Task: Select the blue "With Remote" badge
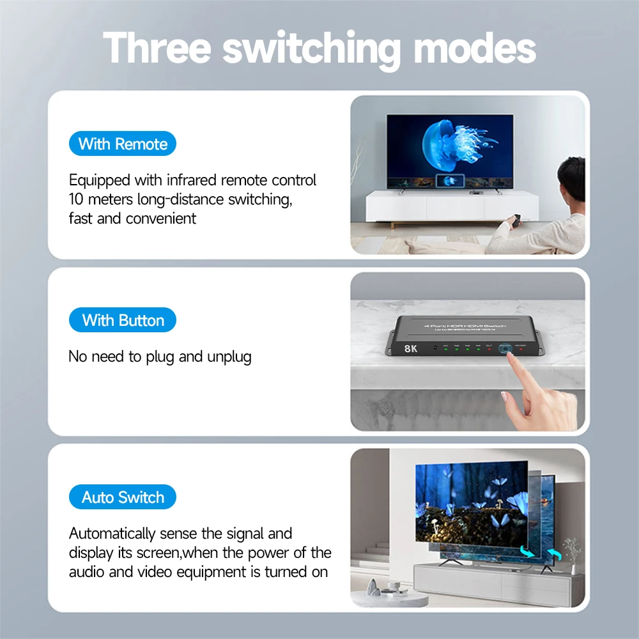123,144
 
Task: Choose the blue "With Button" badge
123,321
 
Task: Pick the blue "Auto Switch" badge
123,497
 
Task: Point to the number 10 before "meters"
76,199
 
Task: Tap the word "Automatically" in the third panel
112,534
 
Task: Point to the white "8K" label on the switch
411,349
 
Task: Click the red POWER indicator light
521,350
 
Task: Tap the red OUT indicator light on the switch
489,350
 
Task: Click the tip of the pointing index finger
511,358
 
